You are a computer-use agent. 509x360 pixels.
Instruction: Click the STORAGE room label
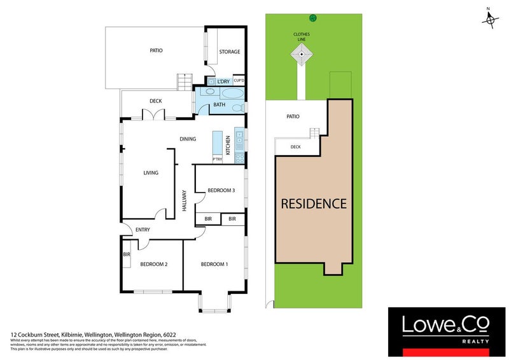(230, 52)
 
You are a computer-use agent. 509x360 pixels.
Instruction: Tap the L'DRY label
(223, 82)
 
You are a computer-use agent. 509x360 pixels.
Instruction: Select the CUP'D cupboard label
(239, 81)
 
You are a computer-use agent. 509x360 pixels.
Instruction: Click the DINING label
(187, 139)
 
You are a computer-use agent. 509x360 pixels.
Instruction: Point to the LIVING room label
(150, 172)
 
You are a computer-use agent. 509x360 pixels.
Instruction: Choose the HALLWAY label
(185, 201)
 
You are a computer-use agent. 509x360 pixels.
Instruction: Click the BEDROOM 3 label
(221, 190)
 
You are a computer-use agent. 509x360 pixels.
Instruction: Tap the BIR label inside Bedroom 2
(126, 255)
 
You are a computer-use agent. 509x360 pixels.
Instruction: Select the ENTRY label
(142, 230)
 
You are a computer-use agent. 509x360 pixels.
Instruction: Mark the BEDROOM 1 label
(214, 264)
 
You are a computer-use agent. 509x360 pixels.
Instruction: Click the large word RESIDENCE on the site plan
(314, 204)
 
